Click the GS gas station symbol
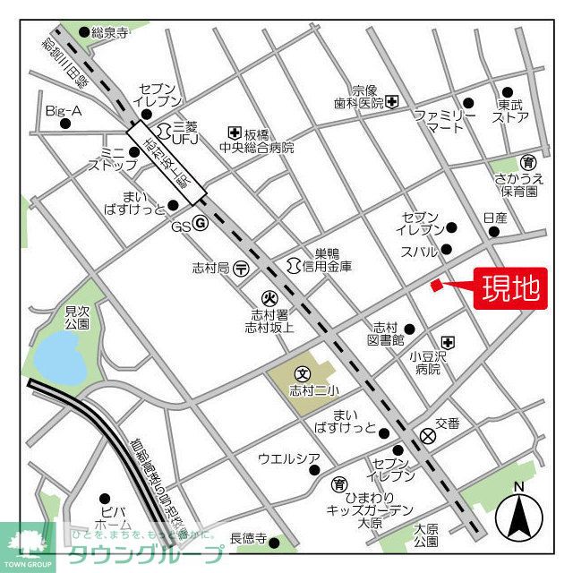[201, 223]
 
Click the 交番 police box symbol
[428, 436]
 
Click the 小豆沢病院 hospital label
[426, 362]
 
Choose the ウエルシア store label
[288, 459]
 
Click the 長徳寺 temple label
[248, 538]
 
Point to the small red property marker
[435, 285]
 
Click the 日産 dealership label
[494, 218]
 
